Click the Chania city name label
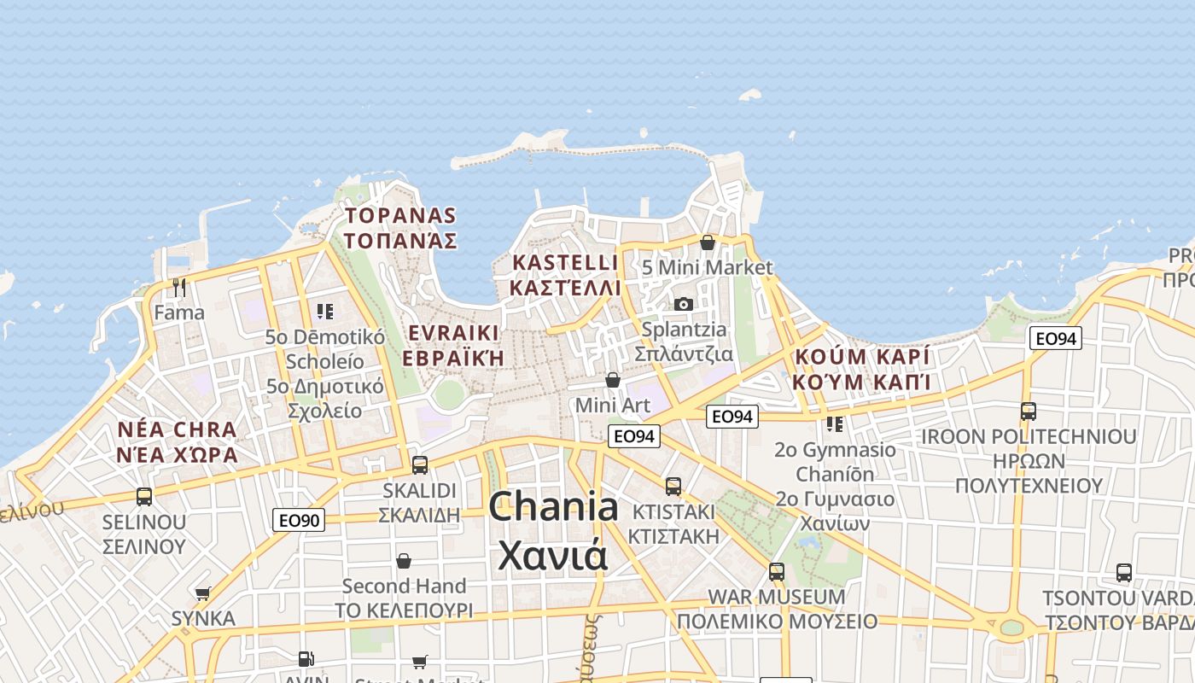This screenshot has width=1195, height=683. point(553,530)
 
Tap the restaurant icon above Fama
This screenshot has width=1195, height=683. point(179,287)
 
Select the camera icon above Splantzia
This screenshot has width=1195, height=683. point(684,304)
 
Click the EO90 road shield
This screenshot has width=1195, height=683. point(300,519)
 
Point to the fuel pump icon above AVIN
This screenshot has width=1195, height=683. point(306,658)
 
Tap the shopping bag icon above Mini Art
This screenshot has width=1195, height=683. point(612,379)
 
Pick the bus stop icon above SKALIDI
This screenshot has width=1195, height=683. point(419,465)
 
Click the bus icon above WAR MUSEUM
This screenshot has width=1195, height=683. point(777,571)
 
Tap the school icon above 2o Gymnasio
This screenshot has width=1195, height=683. point(834,424)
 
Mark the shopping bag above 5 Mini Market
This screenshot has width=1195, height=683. point(707,242)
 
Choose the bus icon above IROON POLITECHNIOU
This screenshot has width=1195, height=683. point(1029,411)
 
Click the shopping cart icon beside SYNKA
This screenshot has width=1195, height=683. point(203,593)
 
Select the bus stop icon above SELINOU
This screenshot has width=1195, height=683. point(143,496)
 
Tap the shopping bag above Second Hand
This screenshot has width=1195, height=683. point(404,561)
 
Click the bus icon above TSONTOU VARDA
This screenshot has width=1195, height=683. point(1124,572)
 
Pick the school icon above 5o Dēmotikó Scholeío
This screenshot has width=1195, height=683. point(324,312)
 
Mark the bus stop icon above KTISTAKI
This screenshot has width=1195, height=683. point(673,486)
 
